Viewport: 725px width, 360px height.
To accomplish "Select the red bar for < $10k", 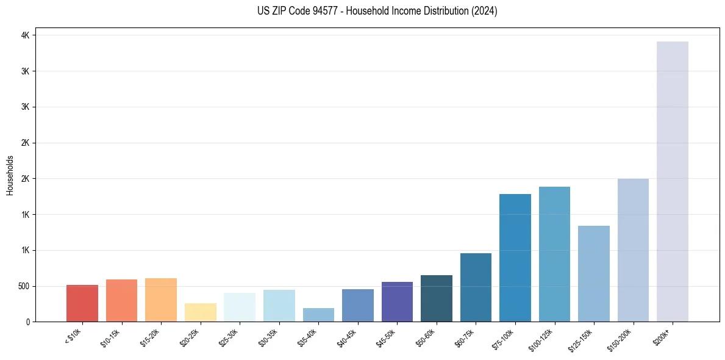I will (82, 303).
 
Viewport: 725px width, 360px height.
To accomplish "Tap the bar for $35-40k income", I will (318, 315).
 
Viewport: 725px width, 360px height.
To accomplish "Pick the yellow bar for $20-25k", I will (200, 312).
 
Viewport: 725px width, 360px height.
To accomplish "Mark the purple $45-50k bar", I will (397, 301).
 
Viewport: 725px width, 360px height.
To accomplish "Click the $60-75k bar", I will (476, 287).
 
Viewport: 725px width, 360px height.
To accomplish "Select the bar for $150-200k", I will (633, 250).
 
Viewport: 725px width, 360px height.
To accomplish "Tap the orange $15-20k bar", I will (161, 300).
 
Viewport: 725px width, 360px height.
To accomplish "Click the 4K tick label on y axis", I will (25, 35).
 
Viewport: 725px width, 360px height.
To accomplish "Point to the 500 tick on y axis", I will (23, 286).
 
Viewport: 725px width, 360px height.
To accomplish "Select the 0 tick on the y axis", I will (27, 322).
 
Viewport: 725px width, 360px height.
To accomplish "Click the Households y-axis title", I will (10, 175).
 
